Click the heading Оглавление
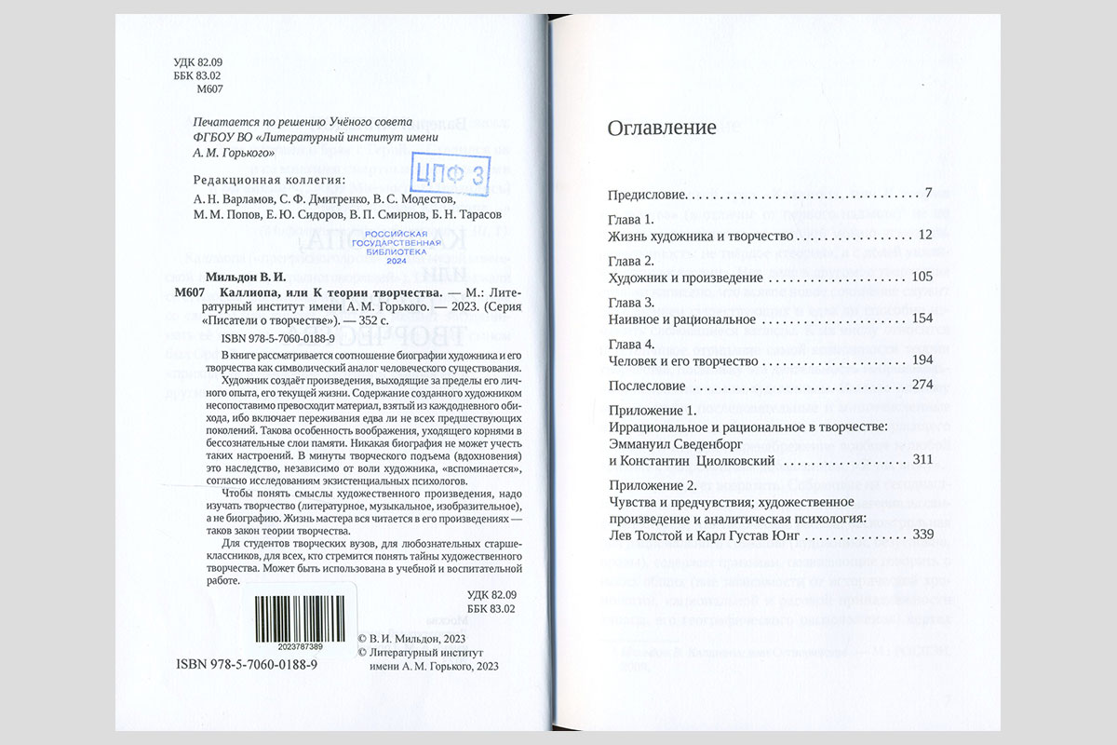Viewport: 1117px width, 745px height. (662, 129)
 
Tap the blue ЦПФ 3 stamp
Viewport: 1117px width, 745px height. (450, 173)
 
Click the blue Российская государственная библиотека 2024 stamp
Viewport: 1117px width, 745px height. (395, 246)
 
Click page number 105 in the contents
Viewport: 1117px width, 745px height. (922, 278)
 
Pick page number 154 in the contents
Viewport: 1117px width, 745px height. (922, 319)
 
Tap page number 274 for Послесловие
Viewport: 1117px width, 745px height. (922, 386)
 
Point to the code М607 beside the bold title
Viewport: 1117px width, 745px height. (189, 293)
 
